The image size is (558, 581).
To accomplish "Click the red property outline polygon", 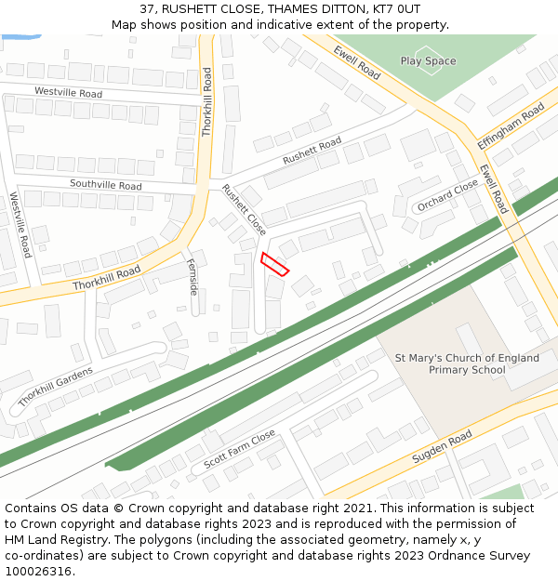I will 274,264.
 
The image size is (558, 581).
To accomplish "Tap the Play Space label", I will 428,61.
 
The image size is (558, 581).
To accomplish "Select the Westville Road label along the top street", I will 68,93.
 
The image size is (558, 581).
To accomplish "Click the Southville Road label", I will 105,185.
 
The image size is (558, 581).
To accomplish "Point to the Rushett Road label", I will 312,152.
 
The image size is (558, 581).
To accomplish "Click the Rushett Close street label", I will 244,209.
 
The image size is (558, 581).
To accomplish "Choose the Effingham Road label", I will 511,127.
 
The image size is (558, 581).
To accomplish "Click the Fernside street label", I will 193,276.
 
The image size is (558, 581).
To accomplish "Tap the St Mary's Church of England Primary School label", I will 467,363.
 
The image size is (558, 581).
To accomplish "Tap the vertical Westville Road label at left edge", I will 20,225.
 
